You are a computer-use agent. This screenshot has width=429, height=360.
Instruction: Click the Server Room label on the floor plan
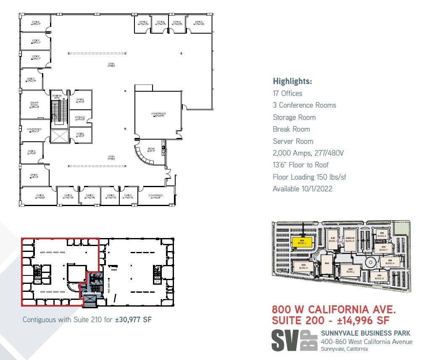34,104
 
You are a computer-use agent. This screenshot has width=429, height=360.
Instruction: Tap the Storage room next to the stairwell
80,118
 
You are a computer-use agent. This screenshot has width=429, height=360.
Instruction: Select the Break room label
152,150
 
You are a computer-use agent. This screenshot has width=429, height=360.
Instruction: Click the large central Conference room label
158,114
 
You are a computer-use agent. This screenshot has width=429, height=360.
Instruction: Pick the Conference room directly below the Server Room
34,130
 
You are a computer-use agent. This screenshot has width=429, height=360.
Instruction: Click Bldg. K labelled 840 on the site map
303,266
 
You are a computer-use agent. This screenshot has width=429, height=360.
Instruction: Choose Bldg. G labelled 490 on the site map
380,276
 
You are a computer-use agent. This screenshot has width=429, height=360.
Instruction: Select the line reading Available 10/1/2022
302,189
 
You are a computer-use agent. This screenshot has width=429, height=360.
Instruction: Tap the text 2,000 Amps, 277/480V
308,153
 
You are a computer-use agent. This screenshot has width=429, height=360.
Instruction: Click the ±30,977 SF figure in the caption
133,320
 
